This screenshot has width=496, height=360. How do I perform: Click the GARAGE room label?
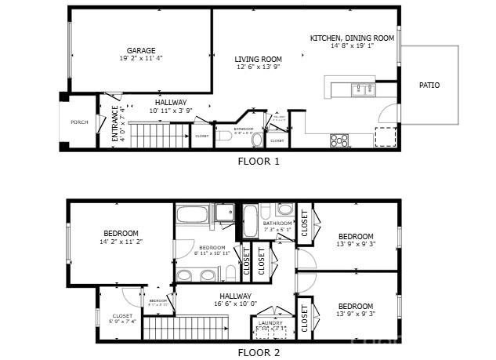tap(141, 50)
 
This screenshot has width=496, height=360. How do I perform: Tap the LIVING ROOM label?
tap(259, 59)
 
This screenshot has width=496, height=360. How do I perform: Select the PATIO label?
tap(429, 85)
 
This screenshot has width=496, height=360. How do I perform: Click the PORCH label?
tap(79, 122)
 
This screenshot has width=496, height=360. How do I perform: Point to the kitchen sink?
tap(362, 89)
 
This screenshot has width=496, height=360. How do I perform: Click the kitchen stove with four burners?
tap(339, 140)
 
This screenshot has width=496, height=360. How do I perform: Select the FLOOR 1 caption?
tap(259, 162)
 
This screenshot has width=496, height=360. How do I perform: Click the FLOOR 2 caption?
tap(259, 352)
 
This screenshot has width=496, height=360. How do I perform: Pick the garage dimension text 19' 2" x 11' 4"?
tap(141, 58)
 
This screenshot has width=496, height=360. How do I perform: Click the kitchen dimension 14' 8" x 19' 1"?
tap(352, 46)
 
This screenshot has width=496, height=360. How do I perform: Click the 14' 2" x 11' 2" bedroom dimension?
tap(120, 242)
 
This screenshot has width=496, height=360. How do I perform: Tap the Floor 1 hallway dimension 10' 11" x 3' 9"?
tap(171, 111)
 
